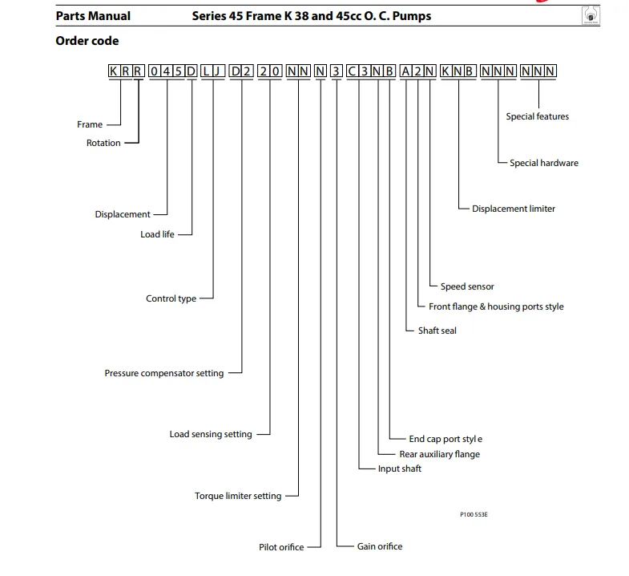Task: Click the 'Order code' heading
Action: click(x=87, y=41)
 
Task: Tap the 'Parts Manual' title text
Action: click(x=93, y=16)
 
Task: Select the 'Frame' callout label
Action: click(x=90, y=124)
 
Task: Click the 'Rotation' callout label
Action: click(x=103, y=143)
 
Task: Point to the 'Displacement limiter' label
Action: click(x=514, y=209)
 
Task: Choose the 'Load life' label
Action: click(x=157, y=234)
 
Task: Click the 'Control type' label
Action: click(x=171, y=299)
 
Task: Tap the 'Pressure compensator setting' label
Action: click(x=164, y=374)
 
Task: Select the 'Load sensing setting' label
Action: click(x=211, y=434)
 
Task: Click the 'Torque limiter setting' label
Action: click(x=238, y=496)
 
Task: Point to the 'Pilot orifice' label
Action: click(x=281, y=547)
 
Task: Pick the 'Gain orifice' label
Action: click(x=380, y=546)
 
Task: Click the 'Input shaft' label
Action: click(x=400, y=469)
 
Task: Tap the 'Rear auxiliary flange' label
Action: click(x=440, y=454)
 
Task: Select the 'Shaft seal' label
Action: click(x=437, y=331)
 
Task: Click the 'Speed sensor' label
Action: click(x=467, y=286)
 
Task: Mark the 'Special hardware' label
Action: click(x=544, y=163)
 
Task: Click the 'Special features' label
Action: click(x=537, y=116)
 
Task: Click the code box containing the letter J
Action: click(x=219, y=71)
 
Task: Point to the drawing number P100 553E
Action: click(x=474, y=514)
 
